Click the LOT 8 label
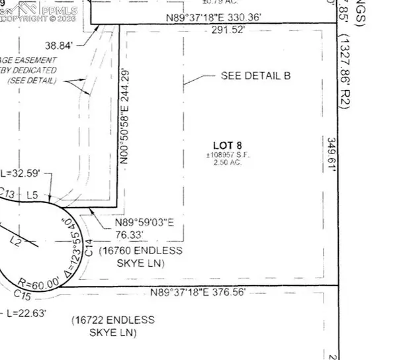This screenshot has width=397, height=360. (x=227, y=146)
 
